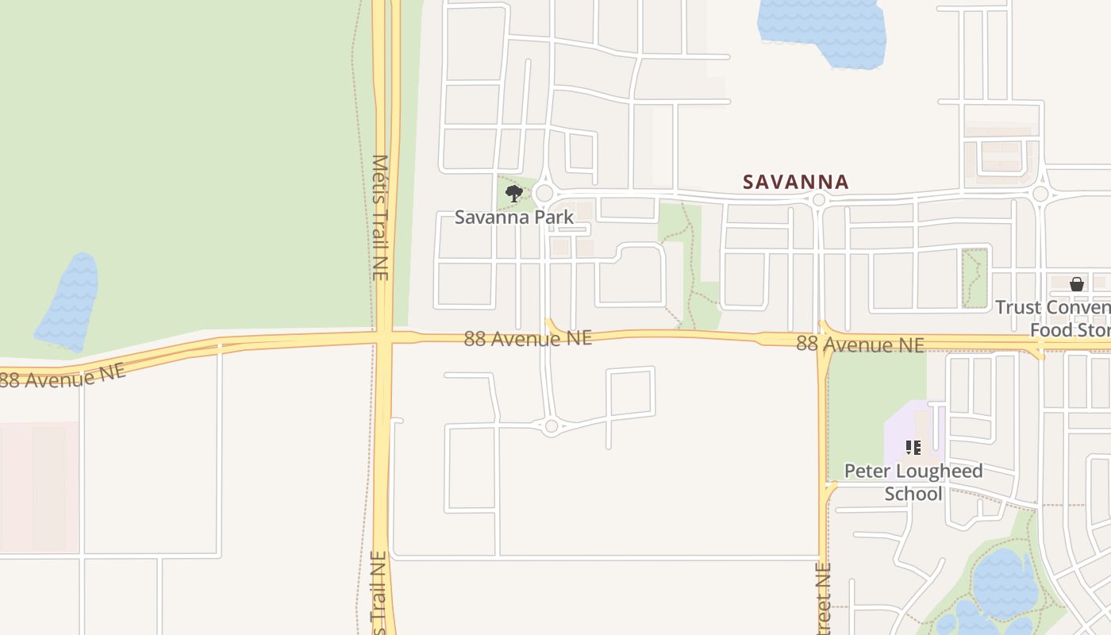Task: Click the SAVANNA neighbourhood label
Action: [x=795, y=182]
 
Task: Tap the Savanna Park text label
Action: [x=513, y=217]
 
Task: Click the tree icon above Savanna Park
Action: [x=513, y=193]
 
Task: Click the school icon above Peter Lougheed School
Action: [x=913, y=448]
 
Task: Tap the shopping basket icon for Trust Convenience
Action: [x=1077, y=284]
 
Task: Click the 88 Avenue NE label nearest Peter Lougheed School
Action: [x=859, y=344]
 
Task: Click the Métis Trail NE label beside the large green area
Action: [x=380, y=217]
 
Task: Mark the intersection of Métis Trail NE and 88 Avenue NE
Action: [x=383, y=337]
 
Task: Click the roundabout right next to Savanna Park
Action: [x=544, y=193]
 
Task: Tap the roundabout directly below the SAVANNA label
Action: [x=819, y=200]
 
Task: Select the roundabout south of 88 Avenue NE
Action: [x=552, y=426]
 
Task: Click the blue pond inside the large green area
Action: [x=70, y=302]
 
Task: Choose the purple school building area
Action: [x=913, y=433]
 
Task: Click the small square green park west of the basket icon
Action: [x=975, y=278]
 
